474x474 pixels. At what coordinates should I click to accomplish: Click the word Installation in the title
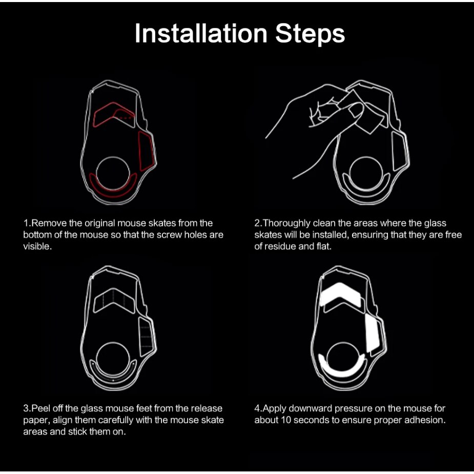point(201,33)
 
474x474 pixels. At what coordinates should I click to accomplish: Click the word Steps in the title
point(310,34)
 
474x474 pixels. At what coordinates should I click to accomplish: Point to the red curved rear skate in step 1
point(112,193)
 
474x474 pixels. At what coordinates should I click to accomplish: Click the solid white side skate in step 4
point(373,333)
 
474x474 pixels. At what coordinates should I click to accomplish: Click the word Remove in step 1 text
point(49,223)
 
